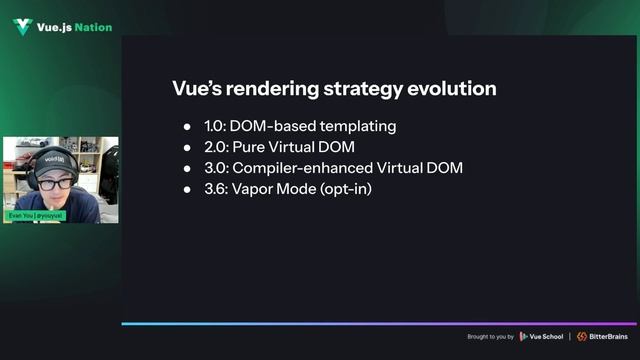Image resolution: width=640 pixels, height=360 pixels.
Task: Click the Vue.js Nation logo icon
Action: click(x=22, y=27)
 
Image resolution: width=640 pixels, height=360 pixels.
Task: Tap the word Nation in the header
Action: click(x=93, y=27)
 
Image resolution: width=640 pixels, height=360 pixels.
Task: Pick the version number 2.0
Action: click(x=215, y=148)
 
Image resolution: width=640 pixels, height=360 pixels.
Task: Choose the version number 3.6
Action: click(x=215, y=189)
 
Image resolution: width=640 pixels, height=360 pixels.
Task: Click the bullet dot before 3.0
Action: click(x=187, y=168)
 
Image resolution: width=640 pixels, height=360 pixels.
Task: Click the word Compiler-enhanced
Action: click(x=304, y=168)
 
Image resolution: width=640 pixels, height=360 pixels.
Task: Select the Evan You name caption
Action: click(x=36, y=216)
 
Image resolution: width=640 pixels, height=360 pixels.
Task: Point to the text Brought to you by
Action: click(x=490, y=336)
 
